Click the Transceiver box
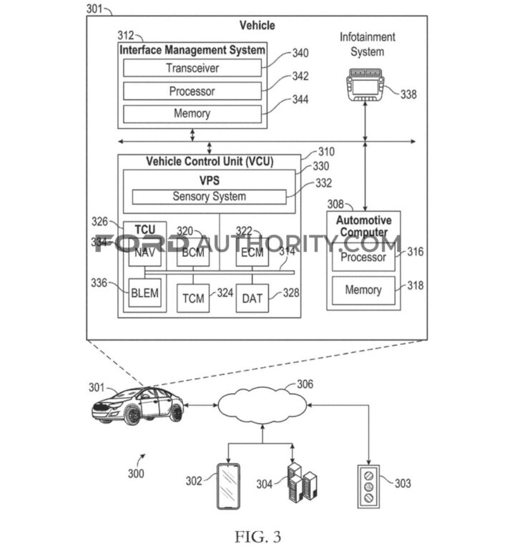pos(192,68)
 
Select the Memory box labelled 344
pos(192,113)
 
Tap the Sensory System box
pos(209,196)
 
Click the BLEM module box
pos(145,293)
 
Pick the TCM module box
pos(194,298)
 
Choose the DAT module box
pos(252,298)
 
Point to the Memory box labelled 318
pos(363,290)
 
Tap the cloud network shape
pos(263,407)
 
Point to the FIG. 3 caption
pos(257,534)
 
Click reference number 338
pos(408,94)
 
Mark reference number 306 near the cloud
pos(305,384)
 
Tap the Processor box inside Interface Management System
pos(192,91)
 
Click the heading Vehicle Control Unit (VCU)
pos(210,161)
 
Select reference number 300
pos(135,473)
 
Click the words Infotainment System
pos(368,44)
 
